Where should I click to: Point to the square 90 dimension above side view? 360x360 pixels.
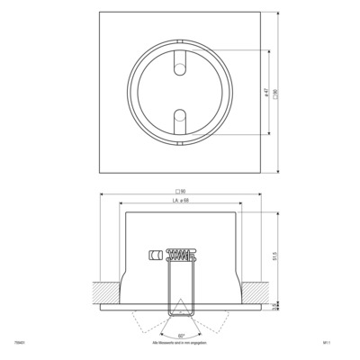coord(180,192)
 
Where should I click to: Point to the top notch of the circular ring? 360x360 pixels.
coord(179,40)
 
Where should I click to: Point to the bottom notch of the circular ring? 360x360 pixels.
coord(179,140)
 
